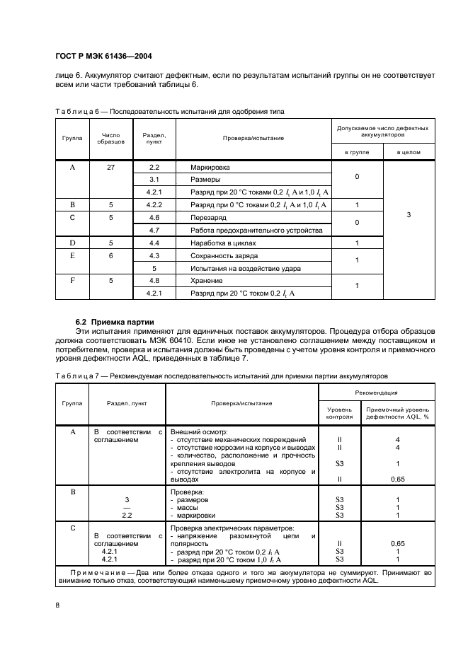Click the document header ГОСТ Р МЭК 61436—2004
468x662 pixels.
click(103, 56)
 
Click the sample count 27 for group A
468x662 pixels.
click(110, 167)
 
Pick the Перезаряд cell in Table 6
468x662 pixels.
click(207, 218)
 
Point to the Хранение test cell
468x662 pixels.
click(207, 281)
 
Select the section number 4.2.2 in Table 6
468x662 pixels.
click(154, 205)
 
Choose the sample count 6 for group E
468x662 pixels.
click(110, 256)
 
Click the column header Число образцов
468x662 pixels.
click(110, 138)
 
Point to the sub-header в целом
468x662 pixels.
click(409, 153)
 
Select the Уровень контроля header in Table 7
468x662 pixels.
click(338, 413)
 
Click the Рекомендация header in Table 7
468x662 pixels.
click(377, 392)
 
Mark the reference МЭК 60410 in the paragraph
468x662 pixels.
click(197, 340)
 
